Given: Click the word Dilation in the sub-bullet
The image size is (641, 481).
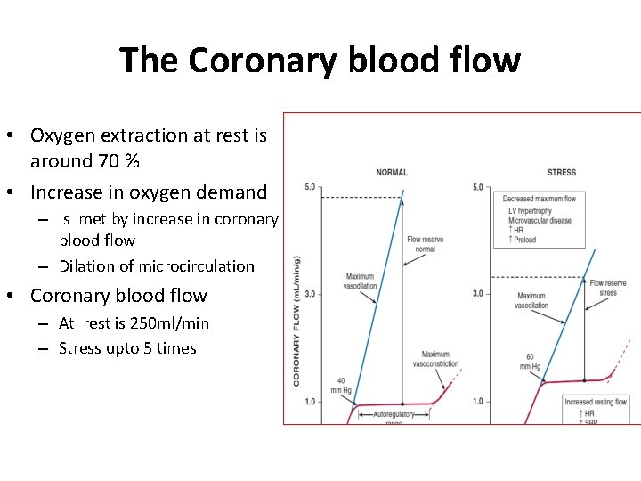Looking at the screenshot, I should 86,266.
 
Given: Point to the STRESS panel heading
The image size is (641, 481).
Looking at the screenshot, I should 561,172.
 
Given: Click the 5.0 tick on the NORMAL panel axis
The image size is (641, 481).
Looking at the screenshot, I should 310,187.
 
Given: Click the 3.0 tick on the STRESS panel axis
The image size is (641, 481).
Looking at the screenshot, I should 478,294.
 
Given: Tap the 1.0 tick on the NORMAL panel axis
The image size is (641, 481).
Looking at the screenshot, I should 310,402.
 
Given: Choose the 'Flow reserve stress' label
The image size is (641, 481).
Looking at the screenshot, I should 608,288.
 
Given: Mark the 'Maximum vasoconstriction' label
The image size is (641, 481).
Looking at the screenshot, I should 435,359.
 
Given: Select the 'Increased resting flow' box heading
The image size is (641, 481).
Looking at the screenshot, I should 596,402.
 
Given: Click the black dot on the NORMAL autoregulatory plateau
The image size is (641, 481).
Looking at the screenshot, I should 402,404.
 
